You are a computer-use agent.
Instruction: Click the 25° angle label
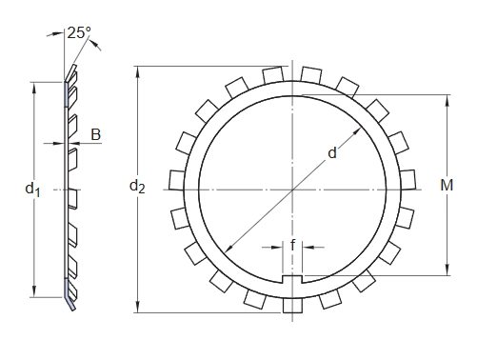point(79,32)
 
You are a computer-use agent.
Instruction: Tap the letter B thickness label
point(95,134)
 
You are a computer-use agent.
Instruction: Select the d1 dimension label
point(32,190)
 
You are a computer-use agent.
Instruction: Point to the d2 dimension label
point(137,186)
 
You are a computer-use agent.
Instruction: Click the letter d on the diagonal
point(332,153)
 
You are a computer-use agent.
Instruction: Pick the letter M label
point(447,185)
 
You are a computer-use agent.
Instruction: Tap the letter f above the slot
point(292,245)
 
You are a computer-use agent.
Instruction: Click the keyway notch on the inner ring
point(292,279)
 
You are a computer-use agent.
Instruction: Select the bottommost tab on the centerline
point(292,305)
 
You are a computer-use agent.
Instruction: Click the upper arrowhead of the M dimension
point(447,100)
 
